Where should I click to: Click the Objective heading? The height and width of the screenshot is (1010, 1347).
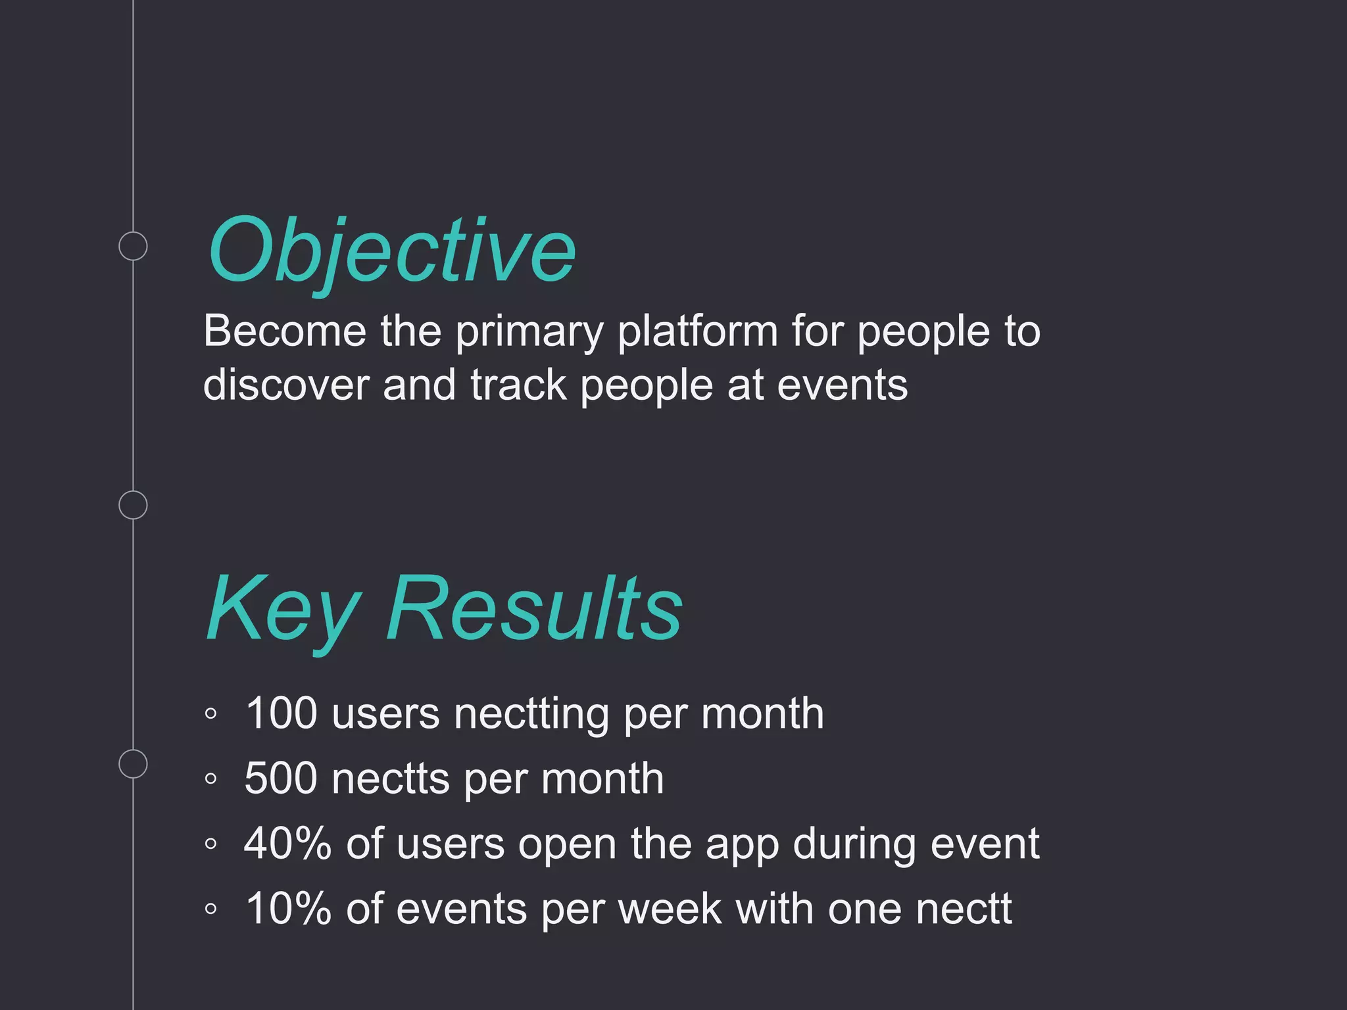pyautogui.click(x=392, y=251)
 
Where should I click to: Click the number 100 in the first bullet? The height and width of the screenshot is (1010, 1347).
pyautogui.click(x=282, y=713)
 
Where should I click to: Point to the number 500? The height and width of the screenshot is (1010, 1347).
pyautogui.click(x=281, y=778)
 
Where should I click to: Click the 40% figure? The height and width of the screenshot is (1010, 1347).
pyautogui.click(x=287, y=843)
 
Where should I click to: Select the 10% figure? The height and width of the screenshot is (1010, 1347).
pyautogui.click(x=287, y=908)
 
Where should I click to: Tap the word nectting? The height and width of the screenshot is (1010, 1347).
pyautogui.click(x=531, y=714)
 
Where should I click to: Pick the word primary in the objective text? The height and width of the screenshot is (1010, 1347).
pyautogui.click(x=529, y=333)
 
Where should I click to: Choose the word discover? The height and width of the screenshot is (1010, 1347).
pyautogui.click(x=286, y=385)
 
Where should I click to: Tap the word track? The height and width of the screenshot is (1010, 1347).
pyautogui.click(x=518, y=385)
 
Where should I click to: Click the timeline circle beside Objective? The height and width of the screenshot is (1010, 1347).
pyautogui.click(x=133, y=246)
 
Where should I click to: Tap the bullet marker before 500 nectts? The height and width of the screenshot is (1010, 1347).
pyautogui.click(x=210, y=779)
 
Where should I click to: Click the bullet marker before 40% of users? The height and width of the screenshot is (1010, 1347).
pyautogui.click(x=210, y=844)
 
